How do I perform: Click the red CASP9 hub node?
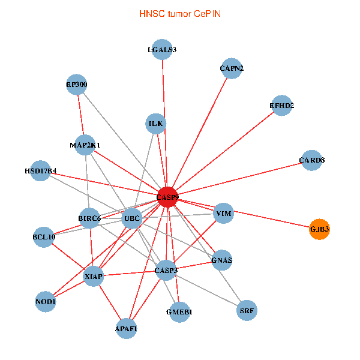click(x=167, y=197)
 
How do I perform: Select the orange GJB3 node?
click(x=320, y=229)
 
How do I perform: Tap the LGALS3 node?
click(x=162, y=50)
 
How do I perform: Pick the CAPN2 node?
click(x=232, y=68)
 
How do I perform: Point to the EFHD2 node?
click(x=281, y=106)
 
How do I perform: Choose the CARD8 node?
click(x=311, y=160)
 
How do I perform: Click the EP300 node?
click(x=77, y=85)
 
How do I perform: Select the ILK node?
click(x=156, y=124)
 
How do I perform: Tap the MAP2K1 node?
click(x=85, y=145)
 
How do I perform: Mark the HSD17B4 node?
click(x=40, y=171)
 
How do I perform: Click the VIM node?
click(x=223, y=214)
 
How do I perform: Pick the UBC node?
click(x=131, y=218)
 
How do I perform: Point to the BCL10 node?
click(x=44, y=237)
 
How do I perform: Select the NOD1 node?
click(x=46, y=302)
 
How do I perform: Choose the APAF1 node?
click(x=126, y=329)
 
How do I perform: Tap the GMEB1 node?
click(x=179, y=312)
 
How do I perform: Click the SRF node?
click(x=247, y=311)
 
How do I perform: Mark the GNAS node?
click(x=221, y=260)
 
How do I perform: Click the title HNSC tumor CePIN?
click(x=179, y=13)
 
